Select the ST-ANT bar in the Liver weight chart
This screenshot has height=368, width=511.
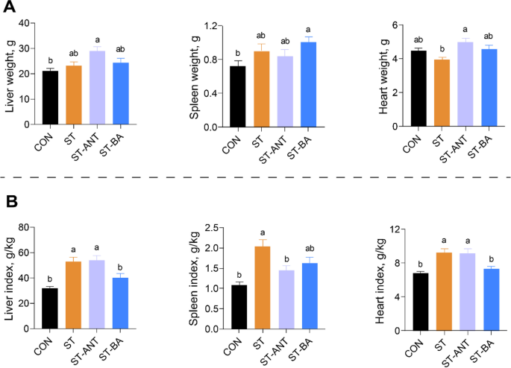[97, 89]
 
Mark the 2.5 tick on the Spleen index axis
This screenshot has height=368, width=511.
[213, 227]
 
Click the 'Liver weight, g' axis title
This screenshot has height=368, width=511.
[10, 74]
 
